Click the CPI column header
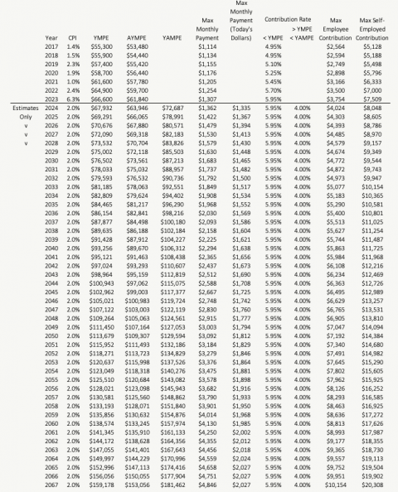74,38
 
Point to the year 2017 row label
51,47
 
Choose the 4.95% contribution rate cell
273,47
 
